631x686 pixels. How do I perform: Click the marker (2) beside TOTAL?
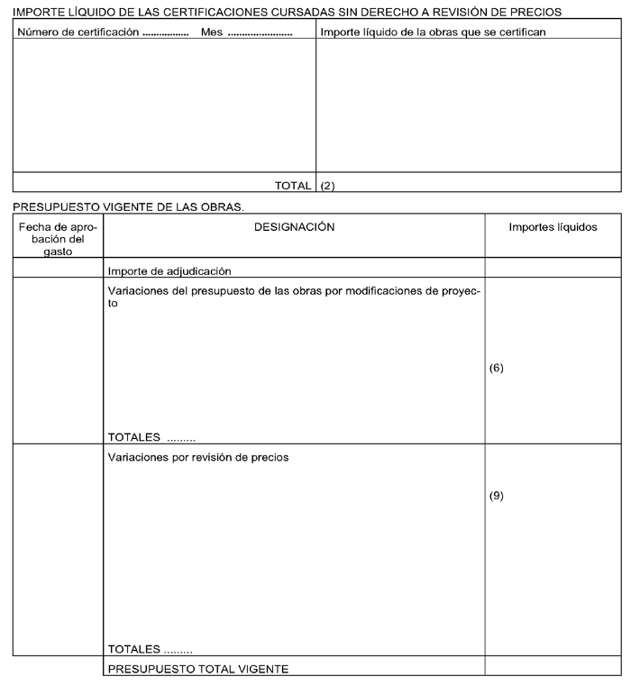tap(328, 186)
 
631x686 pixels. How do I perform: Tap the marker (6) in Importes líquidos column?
tap(496, 369)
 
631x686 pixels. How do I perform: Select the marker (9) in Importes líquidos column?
tap(496, 496)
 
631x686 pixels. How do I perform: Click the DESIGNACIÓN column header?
tap(294, 228)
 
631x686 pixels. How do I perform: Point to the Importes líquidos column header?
tap(553, 228)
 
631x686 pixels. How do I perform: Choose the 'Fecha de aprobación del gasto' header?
tap(58, 240)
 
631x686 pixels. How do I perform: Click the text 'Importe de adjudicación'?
tap(169, 270)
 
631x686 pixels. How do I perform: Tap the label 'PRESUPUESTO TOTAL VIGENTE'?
tap(197, 669)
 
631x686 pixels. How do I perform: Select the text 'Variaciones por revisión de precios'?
tap(198, 457)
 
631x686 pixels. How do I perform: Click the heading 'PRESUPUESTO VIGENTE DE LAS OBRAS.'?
tap(130, 207)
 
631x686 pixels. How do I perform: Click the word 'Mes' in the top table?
tap(212, 32)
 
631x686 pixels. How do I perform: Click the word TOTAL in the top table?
tap(293, 186)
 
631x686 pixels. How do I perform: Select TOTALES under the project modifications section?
tap(133, 437)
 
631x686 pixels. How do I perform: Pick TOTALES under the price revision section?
tap(133, 649)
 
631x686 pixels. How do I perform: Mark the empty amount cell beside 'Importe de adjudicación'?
tap(553, 269)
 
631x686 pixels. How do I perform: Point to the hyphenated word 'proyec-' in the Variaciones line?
tap(460, 291)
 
